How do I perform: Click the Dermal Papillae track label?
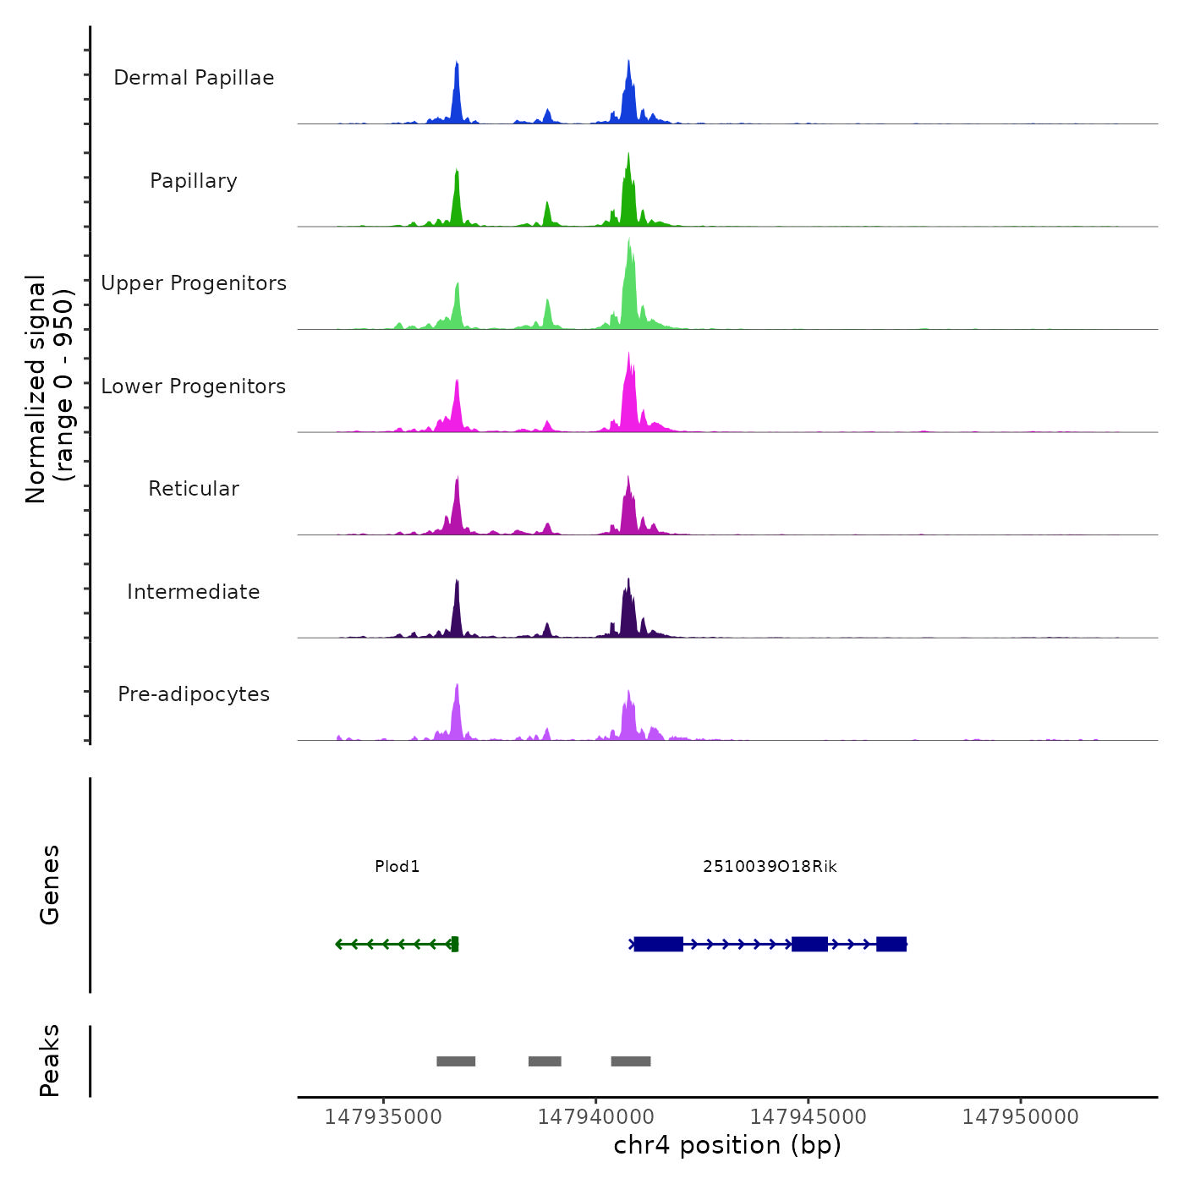(194, 78)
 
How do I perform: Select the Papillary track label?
(194, 181)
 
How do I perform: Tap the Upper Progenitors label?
(194, 283)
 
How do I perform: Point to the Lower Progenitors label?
(194, 386)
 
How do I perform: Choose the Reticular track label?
(194, 489)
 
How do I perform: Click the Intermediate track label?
(194, 592)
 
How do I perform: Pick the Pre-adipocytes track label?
(194, 694)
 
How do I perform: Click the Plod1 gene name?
(397, 867)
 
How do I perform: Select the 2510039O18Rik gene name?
(770, 867)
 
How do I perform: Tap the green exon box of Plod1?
(455, 944)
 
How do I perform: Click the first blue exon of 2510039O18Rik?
(658, 944)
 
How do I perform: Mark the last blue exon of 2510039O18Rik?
(891, 944)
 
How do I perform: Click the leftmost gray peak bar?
(456, 1061)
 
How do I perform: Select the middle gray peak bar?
(545, 1061)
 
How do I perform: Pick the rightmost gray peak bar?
(631, 1061)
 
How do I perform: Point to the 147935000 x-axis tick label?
(383, 1117)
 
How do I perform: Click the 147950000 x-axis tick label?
(1021, 1117)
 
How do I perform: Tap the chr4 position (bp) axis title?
(727, 1145)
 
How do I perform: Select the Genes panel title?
(50, 885)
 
